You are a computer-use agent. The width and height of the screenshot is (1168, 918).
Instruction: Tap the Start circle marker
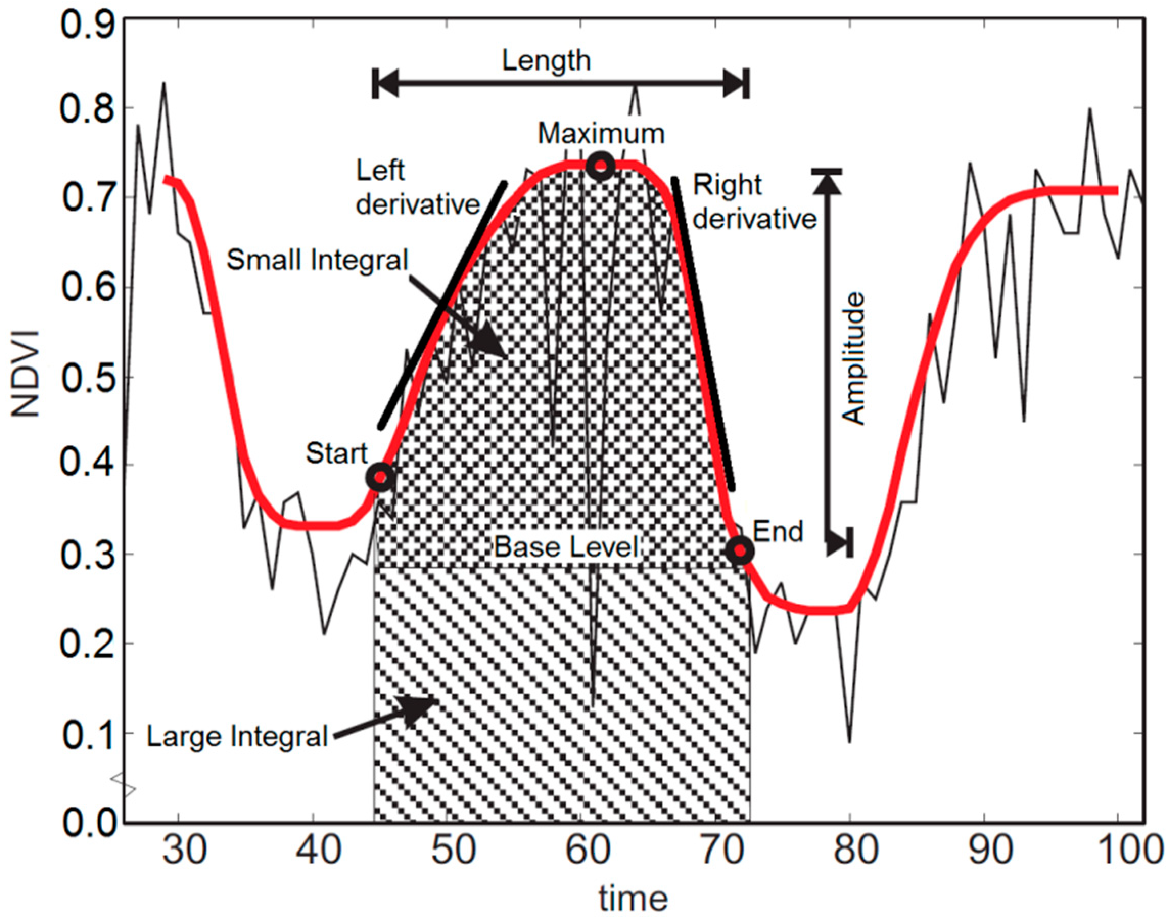pyautogui.click(x=380, y=477)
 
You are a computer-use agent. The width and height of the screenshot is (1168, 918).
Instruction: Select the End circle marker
pyautogui.click(x=740, y=550)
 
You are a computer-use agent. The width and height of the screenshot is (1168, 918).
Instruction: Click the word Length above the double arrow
pyautogui.click(x=546, y=60)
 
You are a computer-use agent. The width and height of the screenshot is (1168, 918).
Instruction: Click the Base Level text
pyautogui.click(x=567, y=547)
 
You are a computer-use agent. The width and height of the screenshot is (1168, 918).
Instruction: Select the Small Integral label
pyautogui.click(x=317, y=260)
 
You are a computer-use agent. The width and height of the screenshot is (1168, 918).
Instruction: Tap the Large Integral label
pyautogui.click(x=237, y=737)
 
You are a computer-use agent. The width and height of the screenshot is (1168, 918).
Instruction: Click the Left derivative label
pyautogui.click(x=417, y=188)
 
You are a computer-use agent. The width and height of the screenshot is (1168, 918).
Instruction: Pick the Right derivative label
pyautogui.click(x=754, y=202)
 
